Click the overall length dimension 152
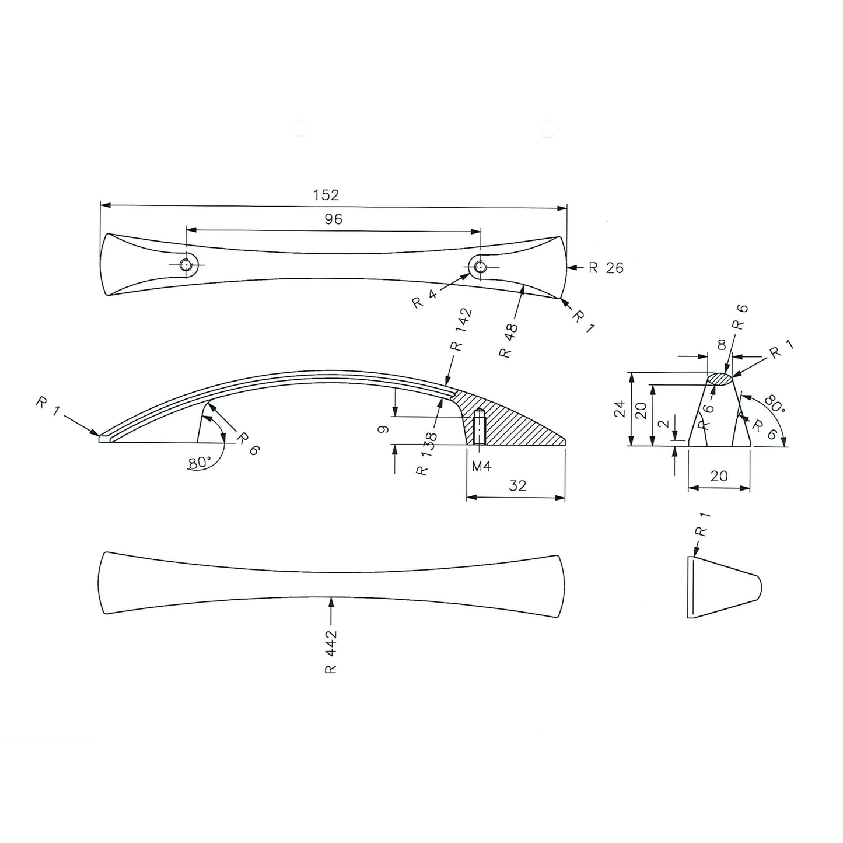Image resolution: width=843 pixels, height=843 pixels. pos(326,195)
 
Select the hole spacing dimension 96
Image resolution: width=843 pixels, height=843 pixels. pos(333,219)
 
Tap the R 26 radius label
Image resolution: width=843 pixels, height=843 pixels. pos(606,268)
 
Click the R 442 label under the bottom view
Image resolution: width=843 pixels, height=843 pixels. pos(331,652)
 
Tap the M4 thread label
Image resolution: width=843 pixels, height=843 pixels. pos(482,466)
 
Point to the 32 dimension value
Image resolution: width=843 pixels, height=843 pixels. pos(517,485)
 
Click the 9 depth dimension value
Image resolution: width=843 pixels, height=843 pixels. pos(383,429)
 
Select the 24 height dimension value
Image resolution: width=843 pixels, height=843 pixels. pos(620,409)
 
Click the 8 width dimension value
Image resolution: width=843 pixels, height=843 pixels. pos(722,345)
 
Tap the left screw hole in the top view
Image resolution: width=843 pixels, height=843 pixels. pos(186,265)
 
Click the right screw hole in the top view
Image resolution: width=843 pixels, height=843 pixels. pos(480,267)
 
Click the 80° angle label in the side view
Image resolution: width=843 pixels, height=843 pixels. pos(200,463)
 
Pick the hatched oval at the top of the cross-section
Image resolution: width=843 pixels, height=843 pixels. pos(721,379)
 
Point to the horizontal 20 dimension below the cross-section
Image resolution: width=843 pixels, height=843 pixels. pos(719,476)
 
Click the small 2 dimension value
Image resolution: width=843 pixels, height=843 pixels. pos(663,424)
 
